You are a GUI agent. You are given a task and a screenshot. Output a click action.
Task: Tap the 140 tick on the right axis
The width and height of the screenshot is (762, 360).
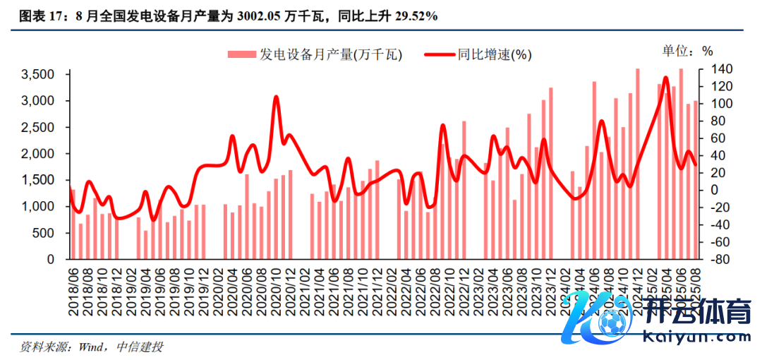point(707,69)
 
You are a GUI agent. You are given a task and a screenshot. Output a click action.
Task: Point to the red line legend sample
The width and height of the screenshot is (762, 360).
point(438,54)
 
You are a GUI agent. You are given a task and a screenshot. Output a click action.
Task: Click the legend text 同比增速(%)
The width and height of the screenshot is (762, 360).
point(494,54)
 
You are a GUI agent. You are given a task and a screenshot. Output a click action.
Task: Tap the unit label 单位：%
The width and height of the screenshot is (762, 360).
point(687,51)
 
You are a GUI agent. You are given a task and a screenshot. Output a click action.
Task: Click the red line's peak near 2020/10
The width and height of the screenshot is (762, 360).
point(276,97)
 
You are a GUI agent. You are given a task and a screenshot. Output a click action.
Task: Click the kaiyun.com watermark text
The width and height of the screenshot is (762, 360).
point(698,337)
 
